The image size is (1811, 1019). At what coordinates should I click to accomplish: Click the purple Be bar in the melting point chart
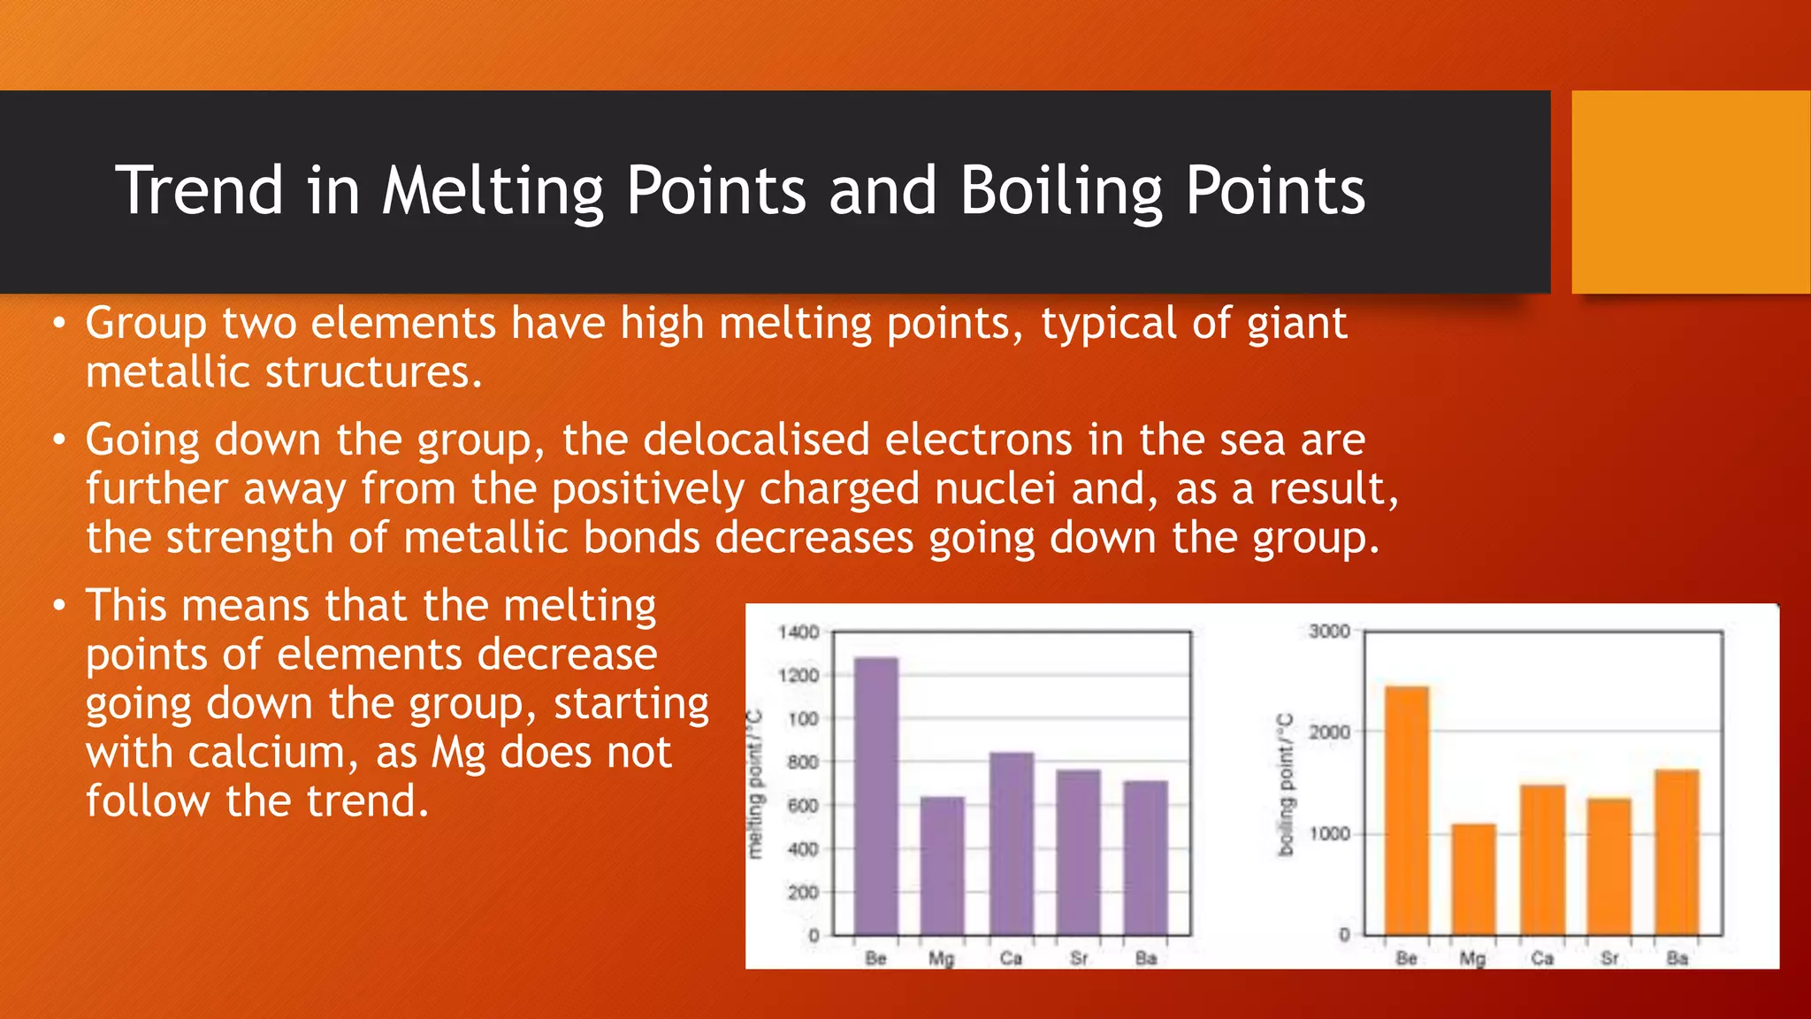tap(875, 796)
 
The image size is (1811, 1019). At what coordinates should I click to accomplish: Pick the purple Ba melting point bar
tap(1145, 857)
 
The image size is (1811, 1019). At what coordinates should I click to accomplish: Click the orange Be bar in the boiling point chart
tap(1406, 809)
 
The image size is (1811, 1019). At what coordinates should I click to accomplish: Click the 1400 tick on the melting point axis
tap(799, 632)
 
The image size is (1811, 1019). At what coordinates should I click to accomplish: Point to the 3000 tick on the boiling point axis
tap(1329, 631)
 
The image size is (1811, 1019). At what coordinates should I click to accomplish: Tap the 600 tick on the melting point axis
tap(803, 805)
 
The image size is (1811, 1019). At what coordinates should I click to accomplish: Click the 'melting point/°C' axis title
tap(754, 784)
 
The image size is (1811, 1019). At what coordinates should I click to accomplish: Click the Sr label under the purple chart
tap(1079, 958)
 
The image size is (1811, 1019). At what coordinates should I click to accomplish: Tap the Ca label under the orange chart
tap(1542, 958)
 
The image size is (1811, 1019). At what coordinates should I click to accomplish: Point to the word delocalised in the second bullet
tap(756, 440)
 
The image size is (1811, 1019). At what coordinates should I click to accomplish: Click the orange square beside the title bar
tap(1691, 192)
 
